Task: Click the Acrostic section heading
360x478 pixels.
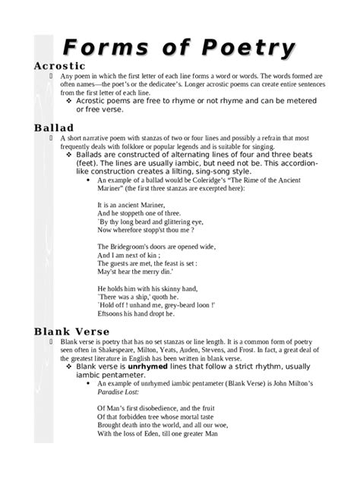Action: tap(60, 66)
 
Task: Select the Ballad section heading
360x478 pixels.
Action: tap(53, 127)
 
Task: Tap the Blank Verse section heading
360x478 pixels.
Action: tap(72, 332)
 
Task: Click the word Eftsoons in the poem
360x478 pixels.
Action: tap(112, 314)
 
